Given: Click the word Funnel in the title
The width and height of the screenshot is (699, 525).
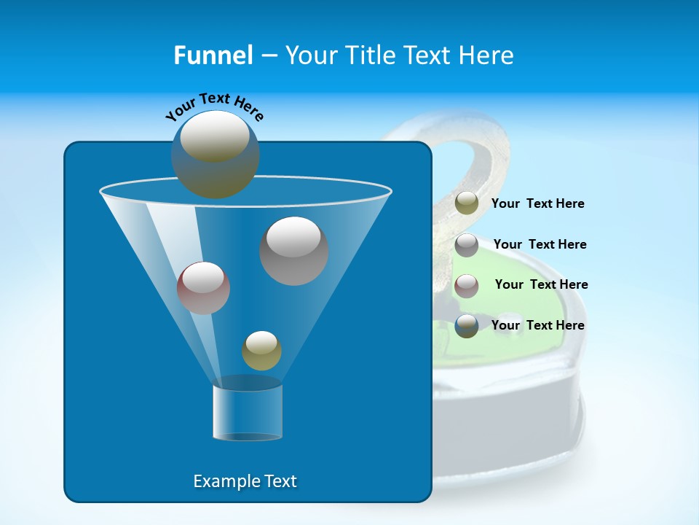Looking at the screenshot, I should pyautogui.click(x=213, y=55).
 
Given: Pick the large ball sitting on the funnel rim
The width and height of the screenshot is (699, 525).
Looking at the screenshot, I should pyautogui.click(x=215, y=155).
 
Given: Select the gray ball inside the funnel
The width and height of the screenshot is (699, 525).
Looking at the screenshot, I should pyautogui.click(x=293, y=250).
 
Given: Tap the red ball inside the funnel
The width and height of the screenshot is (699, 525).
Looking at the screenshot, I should pyautogui.click(x=203, y=288).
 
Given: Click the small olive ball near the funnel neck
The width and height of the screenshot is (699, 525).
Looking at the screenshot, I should pyautogui.click(x=261, y=350).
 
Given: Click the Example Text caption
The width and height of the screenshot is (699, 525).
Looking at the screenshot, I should pyautogui.click(x=245, y=481).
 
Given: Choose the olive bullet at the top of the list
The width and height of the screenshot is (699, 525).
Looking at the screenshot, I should pyautogui.click(x=467, y=203).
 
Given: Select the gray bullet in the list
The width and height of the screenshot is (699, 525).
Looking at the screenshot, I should pyautogui.click(x=467, y=245).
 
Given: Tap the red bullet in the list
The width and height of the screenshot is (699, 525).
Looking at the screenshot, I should pyautogui.click(x=467, y=286).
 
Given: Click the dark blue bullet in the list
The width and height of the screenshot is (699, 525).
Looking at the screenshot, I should pyautogui.click(x=467, y=326).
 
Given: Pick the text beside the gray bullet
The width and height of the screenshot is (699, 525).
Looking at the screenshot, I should pyautogui.click(x=540, y=244).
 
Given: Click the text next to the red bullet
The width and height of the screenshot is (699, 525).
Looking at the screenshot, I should pyautogui.click(x=541, y=284).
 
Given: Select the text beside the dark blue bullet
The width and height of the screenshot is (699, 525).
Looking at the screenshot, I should pyautogui.click(x=537, y=325).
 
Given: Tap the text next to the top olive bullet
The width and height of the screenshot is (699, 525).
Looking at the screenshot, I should pyautogui.click(x=537, y=203).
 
